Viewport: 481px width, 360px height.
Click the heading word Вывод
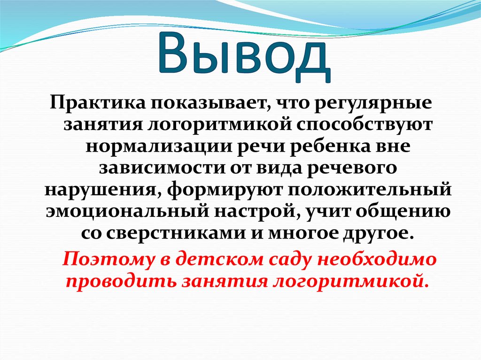(x=240, y=57)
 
